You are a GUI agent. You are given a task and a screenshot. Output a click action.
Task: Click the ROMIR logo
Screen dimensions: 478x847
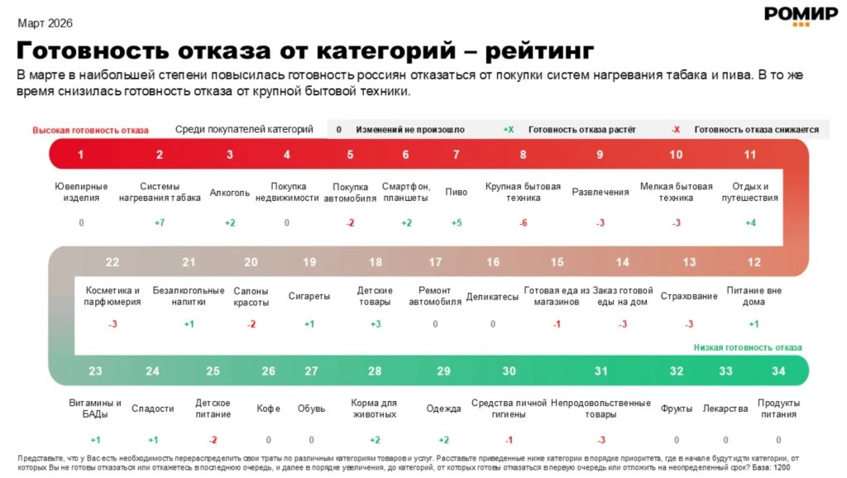789,16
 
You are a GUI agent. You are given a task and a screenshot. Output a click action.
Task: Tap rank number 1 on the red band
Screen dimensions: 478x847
81,155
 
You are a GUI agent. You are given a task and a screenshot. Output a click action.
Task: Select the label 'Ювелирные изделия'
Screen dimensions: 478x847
81,192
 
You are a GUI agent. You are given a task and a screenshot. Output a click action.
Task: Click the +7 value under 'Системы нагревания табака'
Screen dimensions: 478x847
160,222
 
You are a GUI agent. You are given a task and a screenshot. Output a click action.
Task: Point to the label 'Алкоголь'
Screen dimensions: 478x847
230,193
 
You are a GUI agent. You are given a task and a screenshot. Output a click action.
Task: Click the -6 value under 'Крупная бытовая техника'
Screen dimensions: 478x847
523,222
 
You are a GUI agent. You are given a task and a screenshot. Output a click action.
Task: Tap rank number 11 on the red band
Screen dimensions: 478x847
750,155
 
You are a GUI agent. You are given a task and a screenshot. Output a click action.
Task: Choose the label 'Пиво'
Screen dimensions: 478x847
456,193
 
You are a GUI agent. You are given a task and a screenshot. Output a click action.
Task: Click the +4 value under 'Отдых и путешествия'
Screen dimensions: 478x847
750,222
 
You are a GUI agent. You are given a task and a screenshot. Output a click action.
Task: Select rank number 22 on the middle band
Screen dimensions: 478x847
112,262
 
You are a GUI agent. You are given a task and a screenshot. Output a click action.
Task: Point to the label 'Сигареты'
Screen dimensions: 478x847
309,296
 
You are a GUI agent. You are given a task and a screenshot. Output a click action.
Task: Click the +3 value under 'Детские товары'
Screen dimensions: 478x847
375,323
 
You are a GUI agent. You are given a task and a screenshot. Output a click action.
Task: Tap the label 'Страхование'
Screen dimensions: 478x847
689,296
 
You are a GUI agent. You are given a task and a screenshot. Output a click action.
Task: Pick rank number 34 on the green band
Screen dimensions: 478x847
778,371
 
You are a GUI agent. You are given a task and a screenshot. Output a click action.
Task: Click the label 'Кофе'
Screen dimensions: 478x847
268,409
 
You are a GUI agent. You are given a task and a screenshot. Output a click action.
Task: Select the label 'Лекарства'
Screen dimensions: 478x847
725,409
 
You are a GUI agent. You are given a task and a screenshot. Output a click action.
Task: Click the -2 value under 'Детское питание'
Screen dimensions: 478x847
213,439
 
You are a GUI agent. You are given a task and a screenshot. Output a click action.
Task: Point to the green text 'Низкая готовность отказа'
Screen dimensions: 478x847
747,348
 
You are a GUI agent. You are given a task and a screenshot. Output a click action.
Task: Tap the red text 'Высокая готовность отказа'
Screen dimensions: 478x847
91,130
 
